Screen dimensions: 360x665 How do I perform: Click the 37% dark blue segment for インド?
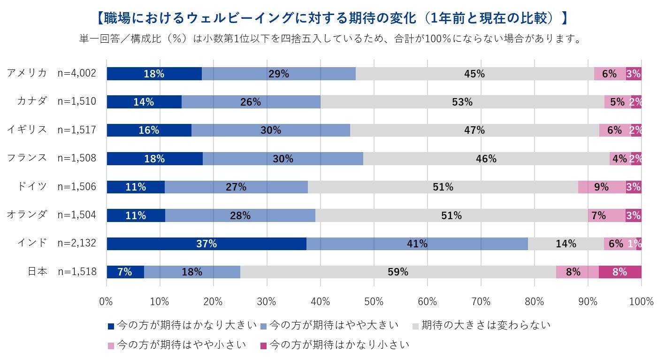[x=206, y=244]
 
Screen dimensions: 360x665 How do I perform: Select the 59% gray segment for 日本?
[x=398, y=272]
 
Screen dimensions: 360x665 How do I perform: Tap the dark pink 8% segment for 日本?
[x=620, y=272]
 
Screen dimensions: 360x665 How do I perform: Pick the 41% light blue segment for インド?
[x=417, y=244]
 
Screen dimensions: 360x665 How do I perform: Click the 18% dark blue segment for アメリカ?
[x=154, y=74]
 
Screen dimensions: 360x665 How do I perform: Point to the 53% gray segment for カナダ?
[x=462, y=102]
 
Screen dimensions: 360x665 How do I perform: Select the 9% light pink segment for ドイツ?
[x=602, y=187]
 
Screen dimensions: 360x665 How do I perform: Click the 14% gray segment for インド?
[x=566, y=244]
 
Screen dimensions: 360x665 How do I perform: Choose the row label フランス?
[x=27, y=158]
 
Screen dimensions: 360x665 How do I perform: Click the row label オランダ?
[x=27, y=215]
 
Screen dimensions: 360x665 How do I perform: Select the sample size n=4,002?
[x=76, y=74]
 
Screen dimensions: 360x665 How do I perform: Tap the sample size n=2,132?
[x=76, y=244]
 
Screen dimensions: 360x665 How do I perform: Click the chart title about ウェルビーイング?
[x=332, y=18]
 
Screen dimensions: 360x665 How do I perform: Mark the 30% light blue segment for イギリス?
[x=271, y=130]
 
